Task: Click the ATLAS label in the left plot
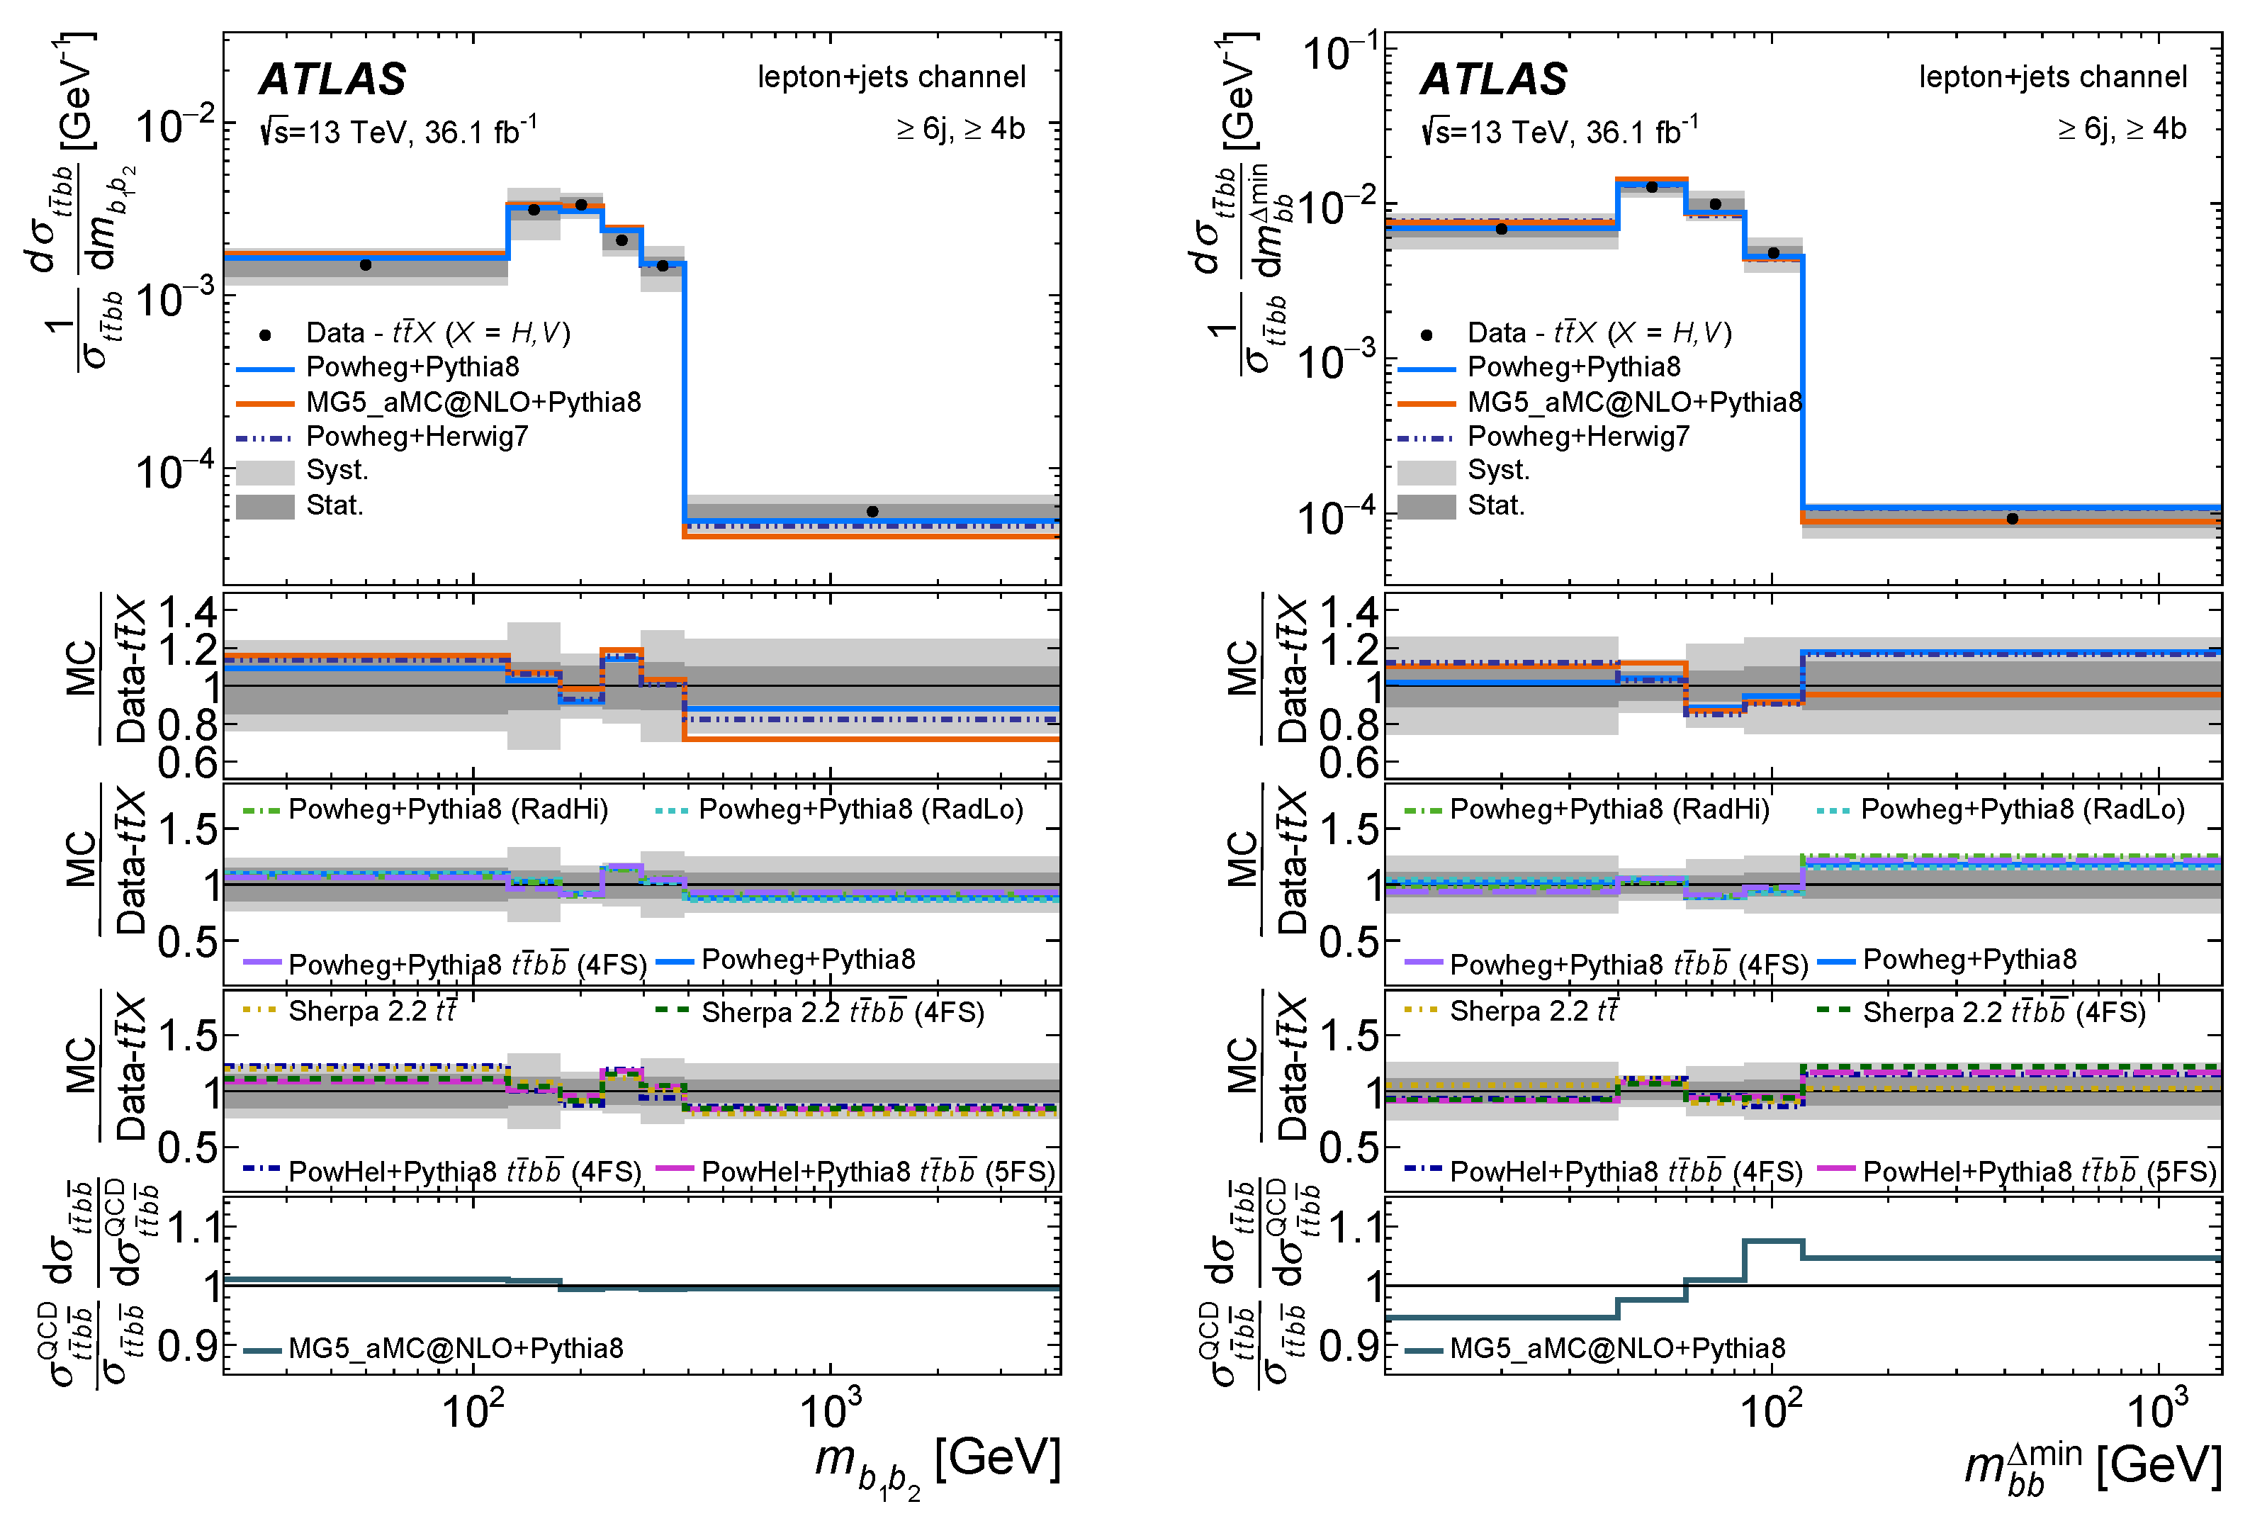click(332, 79)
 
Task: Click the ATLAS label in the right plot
click(1493, 79)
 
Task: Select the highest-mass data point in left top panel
click(872, 511)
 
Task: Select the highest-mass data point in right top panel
click(2012, 519)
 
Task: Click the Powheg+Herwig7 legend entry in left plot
click(416, 437)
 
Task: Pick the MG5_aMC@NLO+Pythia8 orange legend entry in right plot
click(1634, 402)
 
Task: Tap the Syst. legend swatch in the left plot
click(265, 471)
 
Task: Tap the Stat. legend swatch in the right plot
click(1426, 506)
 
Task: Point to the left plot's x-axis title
click(937, 1462)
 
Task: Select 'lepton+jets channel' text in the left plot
click(891, 77)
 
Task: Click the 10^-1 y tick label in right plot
click(1340, 53)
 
